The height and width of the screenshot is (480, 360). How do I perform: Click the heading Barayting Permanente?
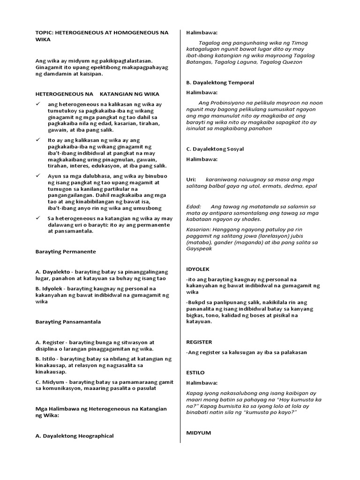click(x=66, y=252)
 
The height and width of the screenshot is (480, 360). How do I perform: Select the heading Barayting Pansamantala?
click(x=68, y=322)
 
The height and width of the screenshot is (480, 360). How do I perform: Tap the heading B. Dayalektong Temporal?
click(x=220, y=82)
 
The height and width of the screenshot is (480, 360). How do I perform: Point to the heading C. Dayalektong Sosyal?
click(x=215, y=149)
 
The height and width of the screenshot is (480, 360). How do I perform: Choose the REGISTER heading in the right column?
click(x=199, y=342)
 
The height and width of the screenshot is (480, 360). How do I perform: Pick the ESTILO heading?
click(x=195, y=373)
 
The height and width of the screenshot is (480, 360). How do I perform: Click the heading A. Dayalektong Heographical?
click(x=75, y=436)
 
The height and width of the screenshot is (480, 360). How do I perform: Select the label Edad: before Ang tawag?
click(x=194, y=206)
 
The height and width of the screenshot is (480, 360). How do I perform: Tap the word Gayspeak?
click(x=199, y=249)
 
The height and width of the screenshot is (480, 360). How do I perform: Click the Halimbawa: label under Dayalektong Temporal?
click(x=202, y=92)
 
